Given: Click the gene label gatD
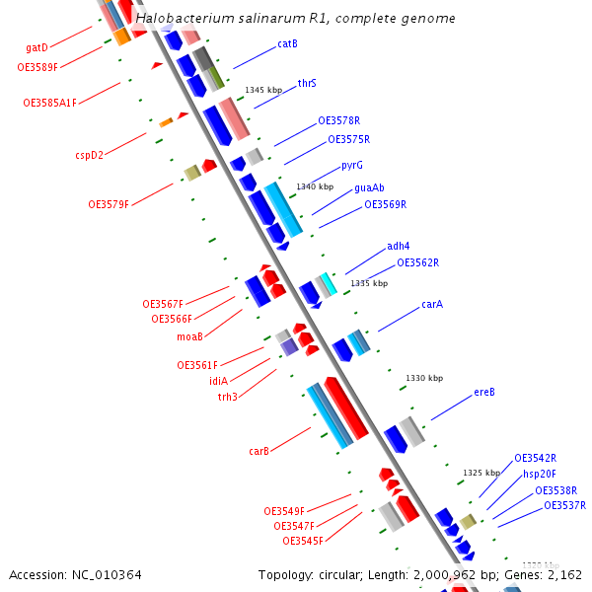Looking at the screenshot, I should (37, 47).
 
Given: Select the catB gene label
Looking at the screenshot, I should (287, 43).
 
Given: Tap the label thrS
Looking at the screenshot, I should (307, 84).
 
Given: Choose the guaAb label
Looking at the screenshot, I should (369, 187).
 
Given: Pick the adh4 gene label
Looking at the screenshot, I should (398, 246).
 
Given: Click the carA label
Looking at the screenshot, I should (432, 304).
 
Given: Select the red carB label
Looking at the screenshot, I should (259, 451).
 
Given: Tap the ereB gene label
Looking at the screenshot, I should (483, 392).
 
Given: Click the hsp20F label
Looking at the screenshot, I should (540, 474).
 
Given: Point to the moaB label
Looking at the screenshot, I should (189, 336).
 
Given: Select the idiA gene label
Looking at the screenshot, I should (218, 381).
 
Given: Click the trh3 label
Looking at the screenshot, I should (227, 397).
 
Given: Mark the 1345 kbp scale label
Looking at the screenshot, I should (263, 90).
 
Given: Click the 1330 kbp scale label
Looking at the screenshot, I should (424, 378).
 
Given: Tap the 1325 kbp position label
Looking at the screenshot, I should (481, 473).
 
